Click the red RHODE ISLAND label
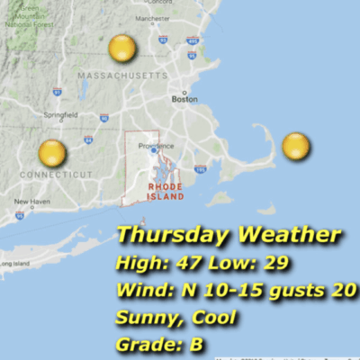166,192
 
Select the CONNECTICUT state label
55,174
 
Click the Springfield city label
59,114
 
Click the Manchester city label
151,18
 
